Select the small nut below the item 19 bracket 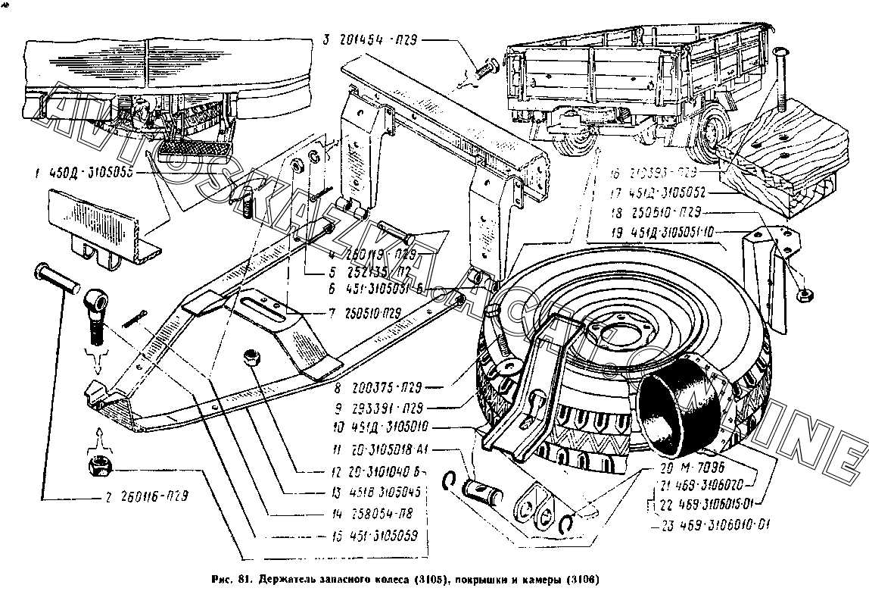pyautogui.click(x=805, y=292)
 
